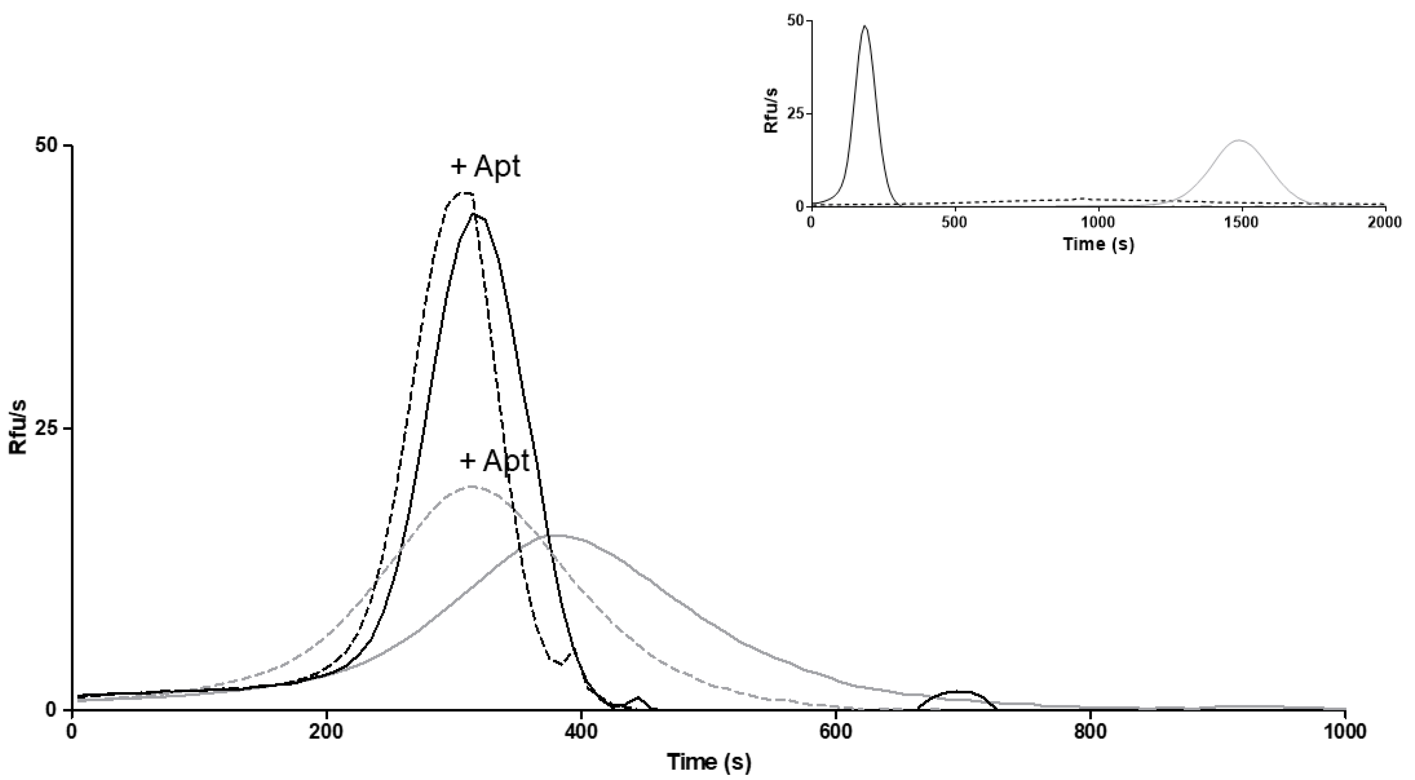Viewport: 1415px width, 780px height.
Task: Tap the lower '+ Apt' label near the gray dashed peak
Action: coord(494,460)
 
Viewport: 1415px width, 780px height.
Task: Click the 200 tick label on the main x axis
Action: coord(327,733)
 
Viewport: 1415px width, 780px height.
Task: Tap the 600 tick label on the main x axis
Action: coord(836,733)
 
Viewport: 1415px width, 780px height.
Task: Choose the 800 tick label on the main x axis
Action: coord(1090,733)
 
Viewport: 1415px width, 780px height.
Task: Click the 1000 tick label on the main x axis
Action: coord(1344,733)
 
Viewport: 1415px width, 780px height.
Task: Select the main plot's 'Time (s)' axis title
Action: coord(708,762)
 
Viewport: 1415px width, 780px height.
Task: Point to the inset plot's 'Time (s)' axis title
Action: coord(1098,244)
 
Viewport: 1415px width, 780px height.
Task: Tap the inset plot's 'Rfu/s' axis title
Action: coord(772,113)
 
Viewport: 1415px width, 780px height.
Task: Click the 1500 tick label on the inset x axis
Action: coord(1242,222)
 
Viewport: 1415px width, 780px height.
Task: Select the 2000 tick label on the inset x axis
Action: coord(1385,222)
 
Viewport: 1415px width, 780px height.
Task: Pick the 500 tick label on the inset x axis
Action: coord(955,222)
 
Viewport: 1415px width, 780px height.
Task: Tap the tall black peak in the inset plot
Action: coord(865,27)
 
